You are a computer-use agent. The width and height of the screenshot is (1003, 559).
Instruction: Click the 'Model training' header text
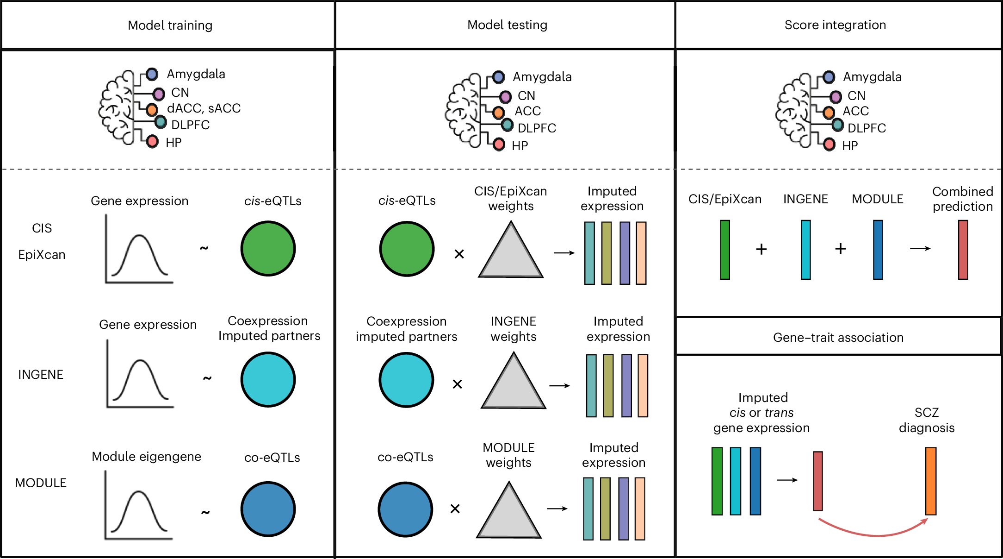point(170,25)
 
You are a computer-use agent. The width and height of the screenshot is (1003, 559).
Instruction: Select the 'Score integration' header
point(835,25)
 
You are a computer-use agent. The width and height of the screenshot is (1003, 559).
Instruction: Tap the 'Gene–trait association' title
point(838,338)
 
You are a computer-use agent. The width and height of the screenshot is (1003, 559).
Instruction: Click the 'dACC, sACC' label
point(204,108)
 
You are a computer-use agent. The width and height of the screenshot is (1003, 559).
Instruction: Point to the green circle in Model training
point(268,249)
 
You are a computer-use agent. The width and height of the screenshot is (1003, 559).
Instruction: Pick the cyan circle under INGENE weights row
point(406,380)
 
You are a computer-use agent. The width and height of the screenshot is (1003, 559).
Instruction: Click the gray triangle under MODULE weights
point(509,510)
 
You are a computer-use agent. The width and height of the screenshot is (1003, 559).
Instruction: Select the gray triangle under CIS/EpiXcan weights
point(511,250)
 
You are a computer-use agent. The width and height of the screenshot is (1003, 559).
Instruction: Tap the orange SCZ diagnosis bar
point(931,481)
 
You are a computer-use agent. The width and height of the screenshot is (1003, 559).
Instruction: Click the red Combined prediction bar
point(963,250)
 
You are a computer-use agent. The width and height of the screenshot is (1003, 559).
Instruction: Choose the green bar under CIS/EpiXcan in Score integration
point(725,250)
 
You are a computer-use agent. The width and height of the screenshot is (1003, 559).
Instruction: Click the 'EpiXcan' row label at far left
point(42,255)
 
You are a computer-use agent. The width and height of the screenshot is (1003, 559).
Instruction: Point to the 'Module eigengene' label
point(146,457)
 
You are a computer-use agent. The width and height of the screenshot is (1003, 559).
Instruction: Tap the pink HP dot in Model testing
point(499,144)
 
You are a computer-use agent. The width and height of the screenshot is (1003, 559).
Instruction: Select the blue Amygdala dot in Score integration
point(829,77)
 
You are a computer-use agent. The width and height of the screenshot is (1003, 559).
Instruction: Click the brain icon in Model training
point(117,107)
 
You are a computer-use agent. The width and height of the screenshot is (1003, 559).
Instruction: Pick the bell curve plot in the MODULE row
point(138,505)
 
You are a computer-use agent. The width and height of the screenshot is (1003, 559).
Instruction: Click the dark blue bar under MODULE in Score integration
point(878,250)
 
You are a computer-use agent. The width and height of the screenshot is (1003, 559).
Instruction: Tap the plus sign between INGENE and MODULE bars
point(841,249)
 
